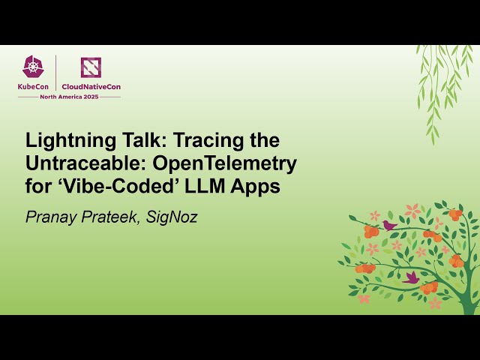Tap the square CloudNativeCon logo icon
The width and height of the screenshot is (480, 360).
pos(91,67)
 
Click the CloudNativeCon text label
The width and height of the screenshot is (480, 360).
pos(91,86)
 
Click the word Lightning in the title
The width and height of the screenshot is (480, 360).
pos(61,140)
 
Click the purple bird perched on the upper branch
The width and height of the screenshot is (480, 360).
pos(388,225)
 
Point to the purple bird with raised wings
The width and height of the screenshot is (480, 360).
pos(411,277)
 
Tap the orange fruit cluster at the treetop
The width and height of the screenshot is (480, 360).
pos(454,214)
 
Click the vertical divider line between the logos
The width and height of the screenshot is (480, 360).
pos(56,73)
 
